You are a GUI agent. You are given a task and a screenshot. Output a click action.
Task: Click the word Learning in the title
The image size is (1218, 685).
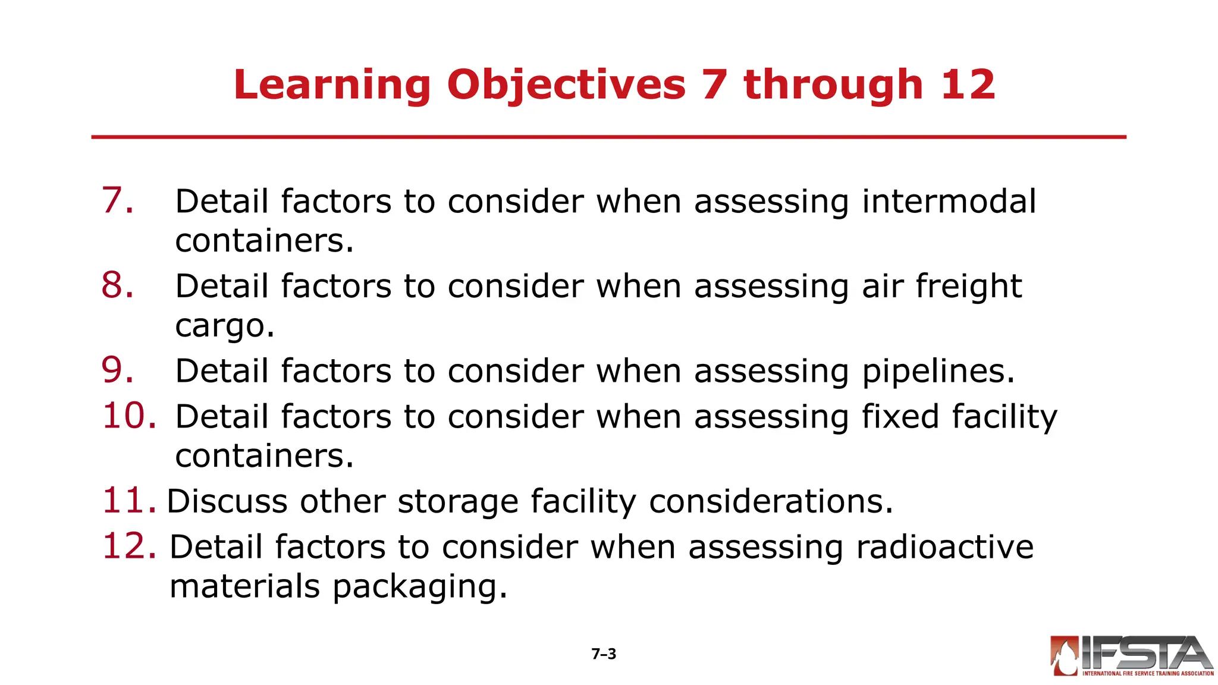[x=331, y=85]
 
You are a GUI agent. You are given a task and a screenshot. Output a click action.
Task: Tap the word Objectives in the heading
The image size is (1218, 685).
[x=566, y=85]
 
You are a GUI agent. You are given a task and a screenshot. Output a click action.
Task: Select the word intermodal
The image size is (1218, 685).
[x=949, y=201]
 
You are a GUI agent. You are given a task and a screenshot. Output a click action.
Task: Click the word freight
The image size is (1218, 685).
[x=968, y=287]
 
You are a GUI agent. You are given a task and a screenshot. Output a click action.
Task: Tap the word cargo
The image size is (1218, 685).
[x=224, y=326]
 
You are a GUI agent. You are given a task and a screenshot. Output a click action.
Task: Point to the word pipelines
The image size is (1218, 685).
[x=938, y=372]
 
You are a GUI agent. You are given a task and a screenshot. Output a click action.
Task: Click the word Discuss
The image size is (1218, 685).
[x=227, y=501]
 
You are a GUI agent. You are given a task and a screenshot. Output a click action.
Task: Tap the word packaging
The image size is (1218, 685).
[x=419, y=587]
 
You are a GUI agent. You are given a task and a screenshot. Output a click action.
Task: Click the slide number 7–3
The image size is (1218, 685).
[x=604, y=654]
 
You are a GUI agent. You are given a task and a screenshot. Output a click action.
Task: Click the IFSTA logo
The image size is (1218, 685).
[x=1131, y=656]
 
